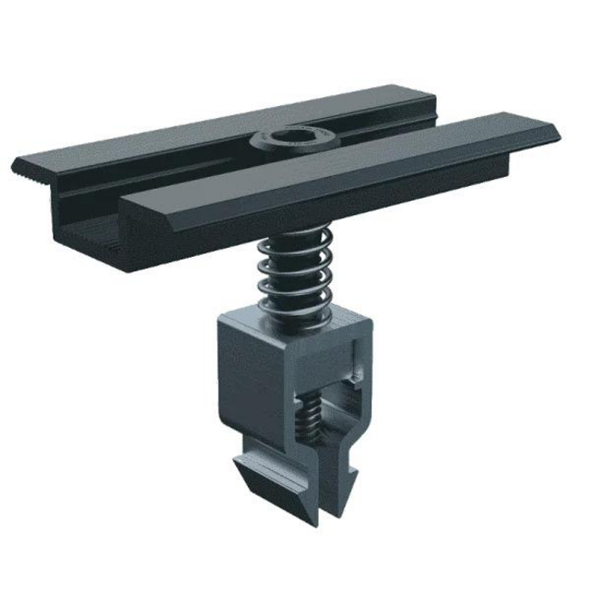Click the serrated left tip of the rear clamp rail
click(18, 168)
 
